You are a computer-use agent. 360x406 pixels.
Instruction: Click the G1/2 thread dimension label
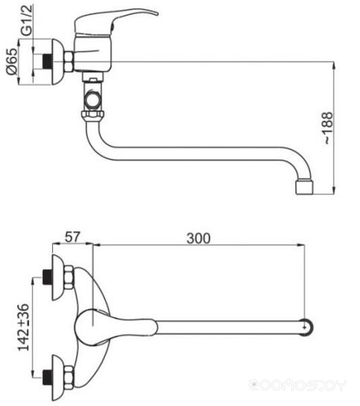(x=27, y=20)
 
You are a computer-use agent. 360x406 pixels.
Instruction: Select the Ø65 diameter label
(x=12, y=61)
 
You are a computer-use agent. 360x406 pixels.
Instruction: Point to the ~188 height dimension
(x=328, y=128)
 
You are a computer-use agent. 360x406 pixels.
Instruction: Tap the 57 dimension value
(x=72, y=237)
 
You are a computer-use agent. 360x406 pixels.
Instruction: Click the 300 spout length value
(x=199, y=238)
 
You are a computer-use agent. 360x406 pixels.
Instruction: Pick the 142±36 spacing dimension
(x=24, y=328)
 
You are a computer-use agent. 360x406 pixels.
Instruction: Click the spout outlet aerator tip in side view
(x=305, y=187)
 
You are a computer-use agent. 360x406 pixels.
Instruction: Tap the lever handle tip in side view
(x=156, y=13)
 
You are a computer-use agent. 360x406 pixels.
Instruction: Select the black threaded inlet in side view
(x=47, y=62)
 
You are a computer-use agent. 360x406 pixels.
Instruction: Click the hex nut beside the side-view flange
(x=68, y=62)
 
